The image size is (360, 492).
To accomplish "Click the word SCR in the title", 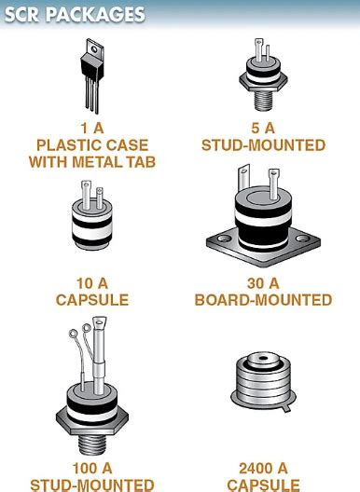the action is tap(21, 15).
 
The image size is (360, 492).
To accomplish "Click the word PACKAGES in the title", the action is tap(95, 15).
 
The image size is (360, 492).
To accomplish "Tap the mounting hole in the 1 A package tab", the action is tap(93, 49).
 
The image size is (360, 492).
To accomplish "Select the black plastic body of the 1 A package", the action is tap(91, 67).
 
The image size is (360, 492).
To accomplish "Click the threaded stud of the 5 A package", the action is tap(263, 100).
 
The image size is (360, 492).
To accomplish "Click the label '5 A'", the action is tap(263, 128).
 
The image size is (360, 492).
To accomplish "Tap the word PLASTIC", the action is tap(69, 145).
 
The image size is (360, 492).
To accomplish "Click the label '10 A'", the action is tap(92, 283).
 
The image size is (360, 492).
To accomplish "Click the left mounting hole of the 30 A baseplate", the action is tap(224, 239).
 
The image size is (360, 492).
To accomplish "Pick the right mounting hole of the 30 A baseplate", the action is tap(302, 239).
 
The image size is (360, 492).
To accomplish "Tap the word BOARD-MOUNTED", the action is tap(263, 300).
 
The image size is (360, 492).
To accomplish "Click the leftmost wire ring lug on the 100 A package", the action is tap(73, 334).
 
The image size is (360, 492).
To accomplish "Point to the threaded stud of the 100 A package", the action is tap(92, 444).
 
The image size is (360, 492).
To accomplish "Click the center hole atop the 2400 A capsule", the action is tap(263, 359).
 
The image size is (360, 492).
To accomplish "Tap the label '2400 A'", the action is tap(263, 469).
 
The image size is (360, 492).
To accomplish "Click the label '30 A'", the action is tap(263, 283).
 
